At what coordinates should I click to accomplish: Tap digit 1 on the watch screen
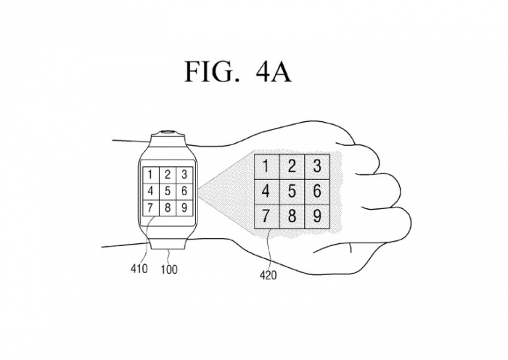coord(149,174)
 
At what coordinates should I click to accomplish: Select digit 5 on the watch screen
coord(168,192)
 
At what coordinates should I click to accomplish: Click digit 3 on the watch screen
coord(185,174)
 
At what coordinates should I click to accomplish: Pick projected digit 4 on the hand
coord(266,192)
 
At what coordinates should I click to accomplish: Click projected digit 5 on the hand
coord(292,192)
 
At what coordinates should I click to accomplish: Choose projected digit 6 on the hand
coord(317,192)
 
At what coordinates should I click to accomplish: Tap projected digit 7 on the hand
coord(266,216)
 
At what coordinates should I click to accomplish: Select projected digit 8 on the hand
coord(292,216)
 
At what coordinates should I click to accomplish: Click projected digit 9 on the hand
coord(317,216)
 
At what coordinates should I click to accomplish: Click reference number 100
coord(168,269)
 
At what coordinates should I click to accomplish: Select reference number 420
coord(267,275)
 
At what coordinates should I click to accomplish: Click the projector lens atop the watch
coord(169,133)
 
